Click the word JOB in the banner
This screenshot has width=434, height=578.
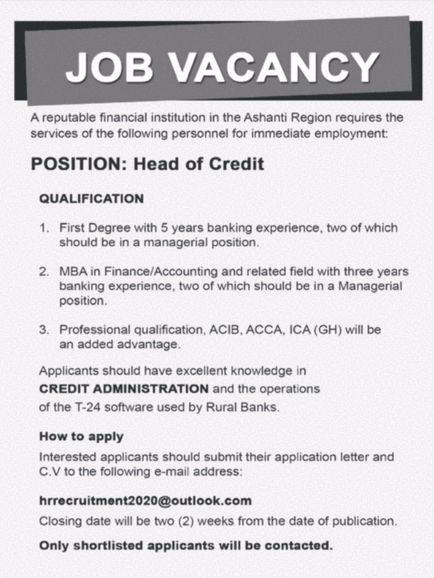point(109,67)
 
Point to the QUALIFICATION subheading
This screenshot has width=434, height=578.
point(91,199)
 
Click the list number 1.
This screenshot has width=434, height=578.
point(44,229)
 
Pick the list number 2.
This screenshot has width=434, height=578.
point(44,272)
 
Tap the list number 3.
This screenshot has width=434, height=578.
point(44,330)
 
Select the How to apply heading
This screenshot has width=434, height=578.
point(81,436)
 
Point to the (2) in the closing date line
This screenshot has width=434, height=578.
point(186,520)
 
